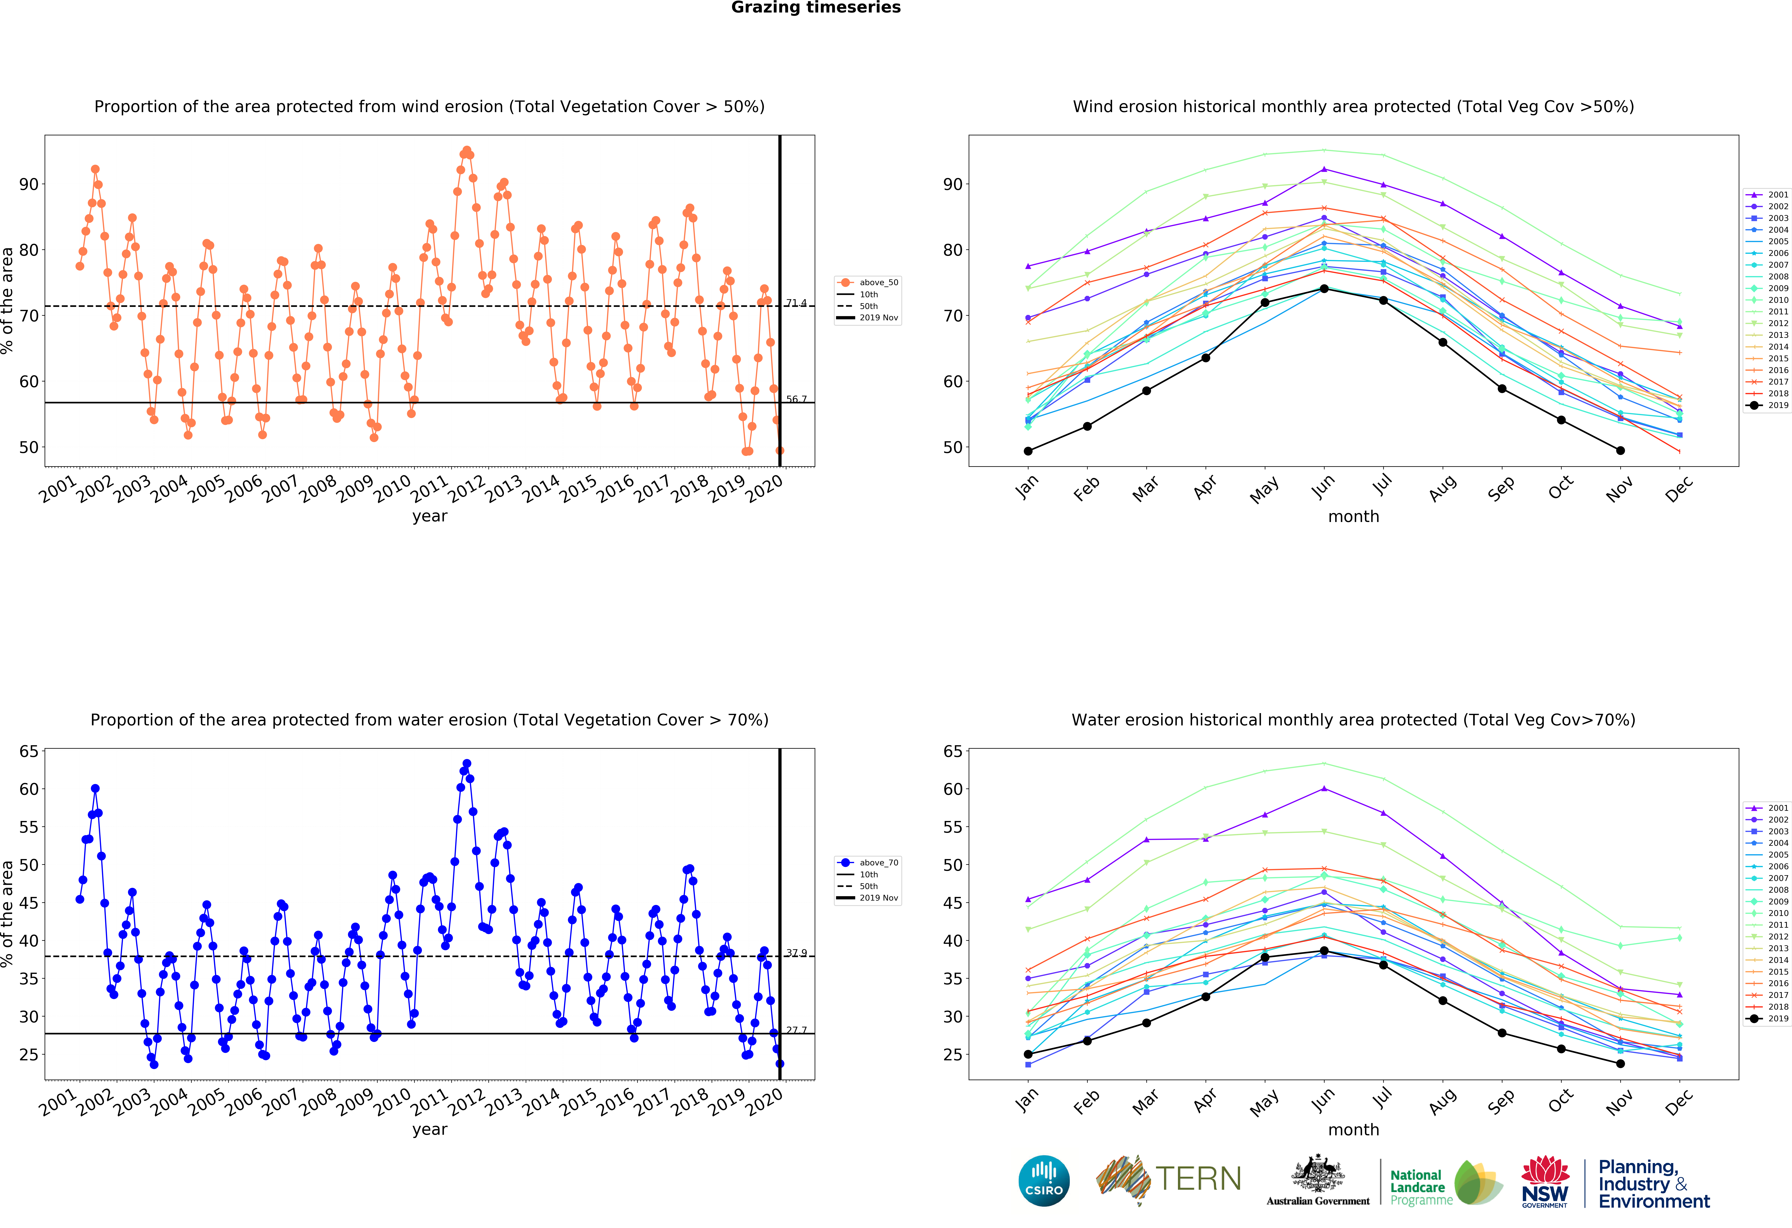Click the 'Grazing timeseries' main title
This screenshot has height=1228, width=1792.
[x=816, y=8]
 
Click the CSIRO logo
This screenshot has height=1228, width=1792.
[x=1044, y=1180]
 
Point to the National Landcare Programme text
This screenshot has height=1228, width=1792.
[x=1420, y=1187]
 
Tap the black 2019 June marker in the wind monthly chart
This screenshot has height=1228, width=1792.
[x=1324, y=288]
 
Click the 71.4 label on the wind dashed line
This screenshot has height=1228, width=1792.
[x=797, y=303]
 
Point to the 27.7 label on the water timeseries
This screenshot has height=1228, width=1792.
[x=797, y=1030]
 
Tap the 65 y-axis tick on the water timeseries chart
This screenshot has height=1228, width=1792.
[x=28, y=752]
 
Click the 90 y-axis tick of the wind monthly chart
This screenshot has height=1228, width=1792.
[x=953, y=184]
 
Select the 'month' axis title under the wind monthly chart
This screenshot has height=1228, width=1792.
[x=1353, y=516]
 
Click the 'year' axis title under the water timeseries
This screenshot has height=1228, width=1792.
[x=430, y=1130]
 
